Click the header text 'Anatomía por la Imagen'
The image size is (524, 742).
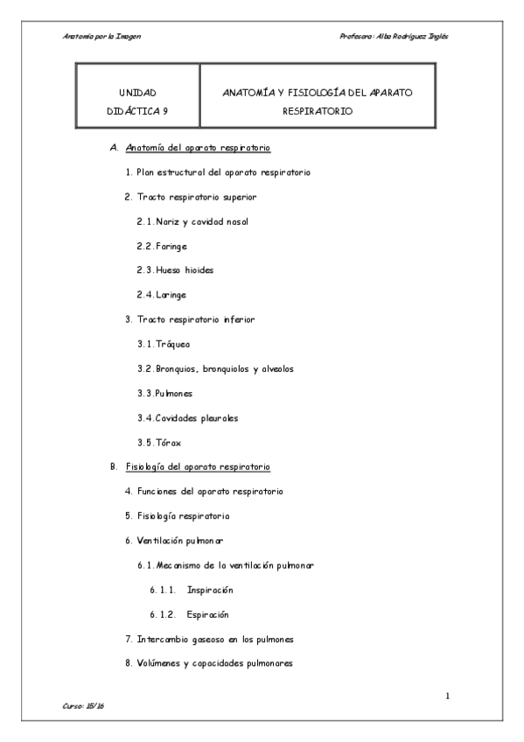point(102,36)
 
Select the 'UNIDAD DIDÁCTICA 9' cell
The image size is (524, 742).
point(137,101)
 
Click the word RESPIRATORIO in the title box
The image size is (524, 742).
point(318,111)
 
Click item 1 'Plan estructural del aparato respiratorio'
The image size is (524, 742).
point(216,172)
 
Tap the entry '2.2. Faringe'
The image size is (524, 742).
point(162,246)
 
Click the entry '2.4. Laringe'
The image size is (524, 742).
point(162,295)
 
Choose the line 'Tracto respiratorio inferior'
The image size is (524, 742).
point(201,319)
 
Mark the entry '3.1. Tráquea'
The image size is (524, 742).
point(164,344)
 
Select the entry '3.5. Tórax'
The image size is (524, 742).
point(159,442)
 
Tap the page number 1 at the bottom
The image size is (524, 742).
point(447,696)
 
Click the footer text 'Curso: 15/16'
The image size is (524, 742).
point(84,705)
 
